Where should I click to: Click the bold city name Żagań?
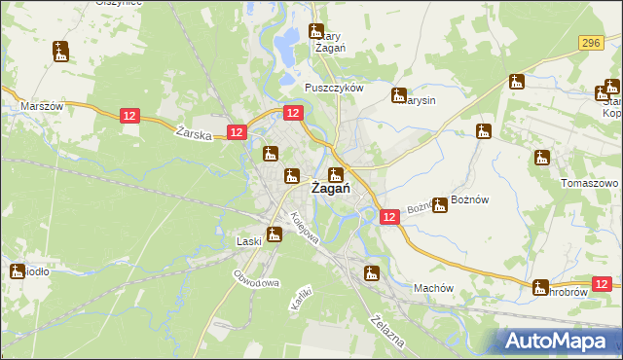pyautogui.click(x=331, y=190)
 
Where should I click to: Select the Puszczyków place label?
pyautogui.click(x=333, y=87)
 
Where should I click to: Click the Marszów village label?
pyautogui.click(x=42, y=106)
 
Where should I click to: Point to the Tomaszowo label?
pyautogui.click(x=591, y=183)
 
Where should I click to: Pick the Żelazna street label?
pyautogui.click(x=386, y=328)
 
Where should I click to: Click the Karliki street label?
pyautogui.click(x=300, y=298)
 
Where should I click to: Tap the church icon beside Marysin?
pyautogui.click(x=398, y=95)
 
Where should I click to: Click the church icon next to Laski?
pyautogui.click(x=275, y=234)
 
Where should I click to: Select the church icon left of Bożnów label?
pyautogui.click(x=439, y=204)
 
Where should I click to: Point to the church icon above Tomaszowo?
pyautogui.click(x=542, y=158)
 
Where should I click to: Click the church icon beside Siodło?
pyautogui.click(x=17, y=272)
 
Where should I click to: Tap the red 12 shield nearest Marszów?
pyautogui.click(x=131, y=116)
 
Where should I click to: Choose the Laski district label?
pyautogui.click(x=249, y=241)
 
